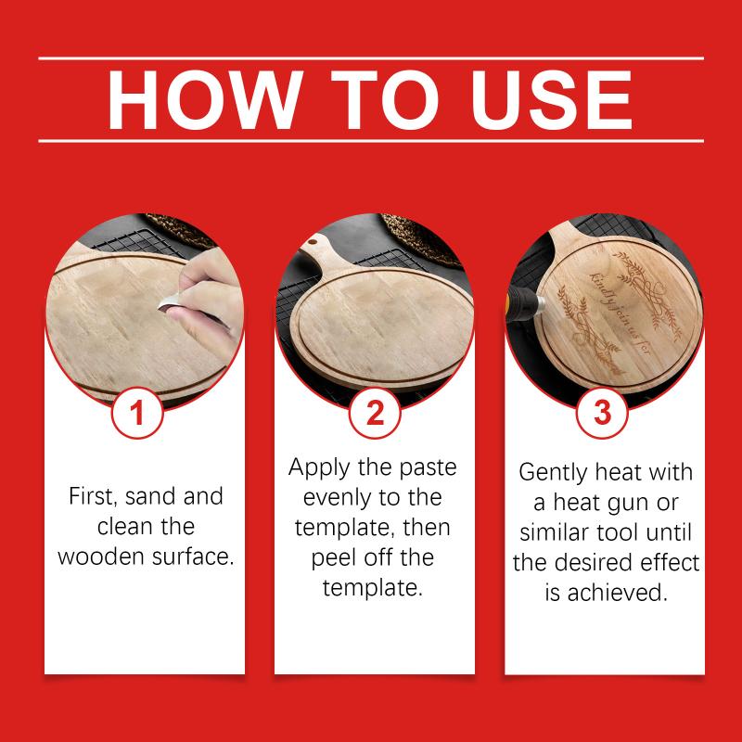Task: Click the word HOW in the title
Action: (205, 99)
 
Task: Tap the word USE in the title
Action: (551, 99)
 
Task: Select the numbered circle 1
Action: (137, 413)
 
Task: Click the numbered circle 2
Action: (375, 413)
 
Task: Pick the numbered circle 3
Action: (602, 413)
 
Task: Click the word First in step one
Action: (92, 496)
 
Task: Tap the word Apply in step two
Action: (319, 468)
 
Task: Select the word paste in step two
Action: (428, 468)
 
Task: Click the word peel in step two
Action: (331, 558)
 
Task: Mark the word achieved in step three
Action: (618, 593)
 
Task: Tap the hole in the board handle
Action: (313, 242)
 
